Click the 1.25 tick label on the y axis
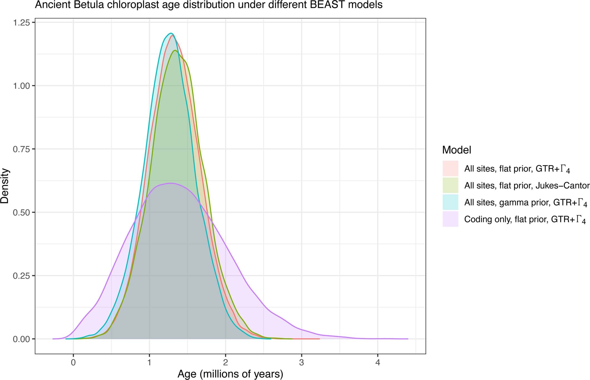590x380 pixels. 21,22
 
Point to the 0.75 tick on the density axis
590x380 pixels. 21,149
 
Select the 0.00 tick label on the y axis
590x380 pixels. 21,339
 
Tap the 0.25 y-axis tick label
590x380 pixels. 21,276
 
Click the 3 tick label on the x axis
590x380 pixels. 302,362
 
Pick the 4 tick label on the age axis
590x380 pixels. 378,362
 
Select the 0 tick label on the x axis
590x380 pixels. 73,362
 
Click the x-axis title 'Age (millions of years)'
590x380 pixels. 230,374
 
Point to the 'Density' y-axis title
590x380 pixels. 5,186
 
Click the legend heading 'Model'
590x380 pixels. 457,150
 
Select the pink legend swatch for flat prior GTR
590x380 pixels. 450,168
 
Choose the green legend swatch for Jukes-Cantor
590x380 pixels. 450,185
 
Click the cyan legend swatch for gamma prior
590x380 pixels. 450,202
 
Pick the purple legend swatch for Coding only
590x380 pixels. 450,219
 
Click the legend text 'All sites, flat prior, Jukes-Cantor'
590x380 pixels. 527,186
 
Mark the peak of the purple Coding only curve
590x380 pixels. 171,183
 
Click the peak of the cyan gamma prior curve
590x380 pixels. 171,33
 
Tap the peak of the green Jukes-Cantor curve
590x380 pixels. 175,50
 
